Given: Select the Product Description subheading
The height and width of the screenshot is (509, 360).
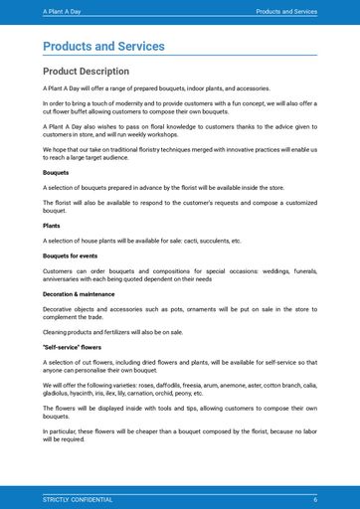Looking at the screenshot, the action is [x=86, y=72].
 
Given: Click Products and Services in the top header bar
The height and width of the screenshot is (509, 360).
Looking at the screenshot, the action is [x=286, y=12].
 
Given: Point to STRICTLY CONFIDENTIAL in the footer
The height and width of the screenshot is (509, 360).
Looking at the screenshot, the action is [x=78, y=499].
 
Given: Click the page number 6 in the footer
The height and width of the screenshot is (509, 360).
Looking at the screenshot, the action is [x=314, y=499].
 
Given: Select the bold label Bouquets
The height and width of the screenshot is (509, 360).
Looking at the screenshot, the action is [x=56, y=173].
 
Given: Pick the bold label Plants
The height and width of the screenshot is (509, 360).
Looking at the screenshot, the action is [x=52, y=226].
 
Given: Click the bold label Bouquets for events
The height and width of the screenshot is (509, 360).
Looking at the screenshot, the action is [x=70, y=255].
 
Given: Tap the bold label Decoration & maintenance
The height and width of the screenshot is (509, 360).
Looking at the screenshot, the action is [x=79, y=294].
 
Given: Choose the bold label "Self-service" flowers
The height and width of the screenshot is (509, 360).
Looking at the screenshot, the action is [x=73, y=347].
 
